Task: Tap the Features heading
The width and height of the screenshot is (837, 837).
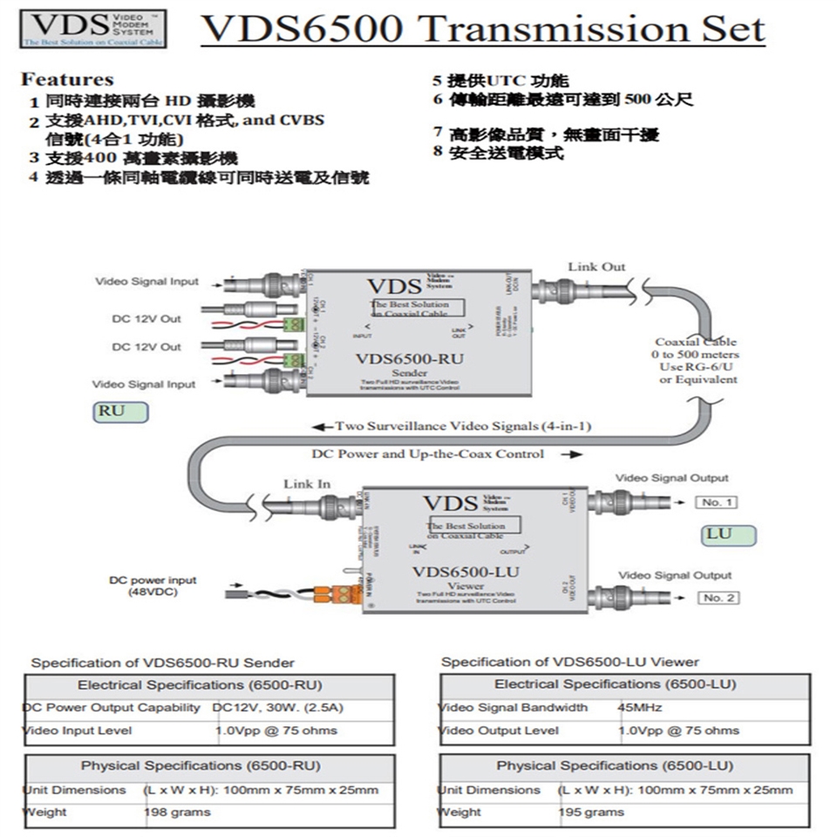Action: tap(67, 79)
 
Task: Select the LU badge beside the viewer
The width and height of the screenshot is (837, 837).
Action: tap(718, 534)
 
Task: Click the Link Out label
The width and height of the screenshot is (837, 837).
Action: tap(596, 267)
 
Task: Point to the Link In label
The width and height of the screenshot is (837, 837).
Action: tap(307, 484)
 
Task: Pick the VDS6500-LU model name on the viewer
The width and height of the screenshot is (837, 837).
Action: tap(466, 572)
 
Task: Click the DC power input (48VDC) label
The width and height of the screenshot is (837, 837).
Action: tap(153, 586)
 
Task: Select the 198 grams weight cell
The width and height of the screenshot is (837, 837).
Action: tap(177, 812)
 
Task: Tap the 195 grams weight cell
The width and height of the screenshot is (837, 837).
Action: tap(591, 812)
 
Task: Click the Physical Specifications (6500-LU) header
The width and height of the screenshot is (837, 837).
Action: tap(615, 766)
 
